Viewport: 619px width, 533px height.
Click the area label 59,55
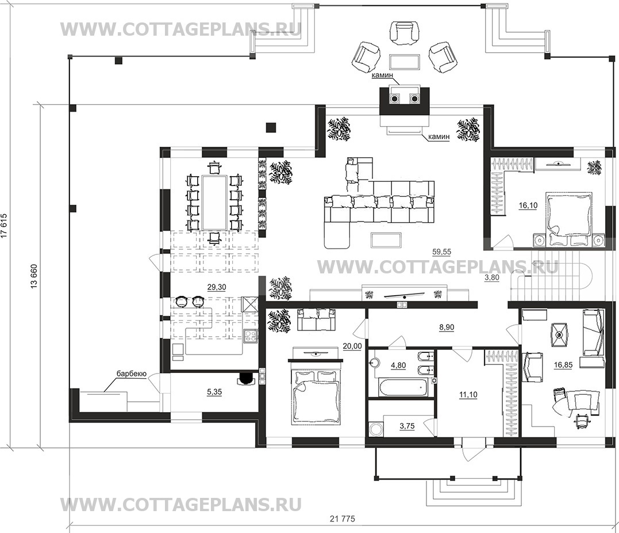click(x=441, y=252)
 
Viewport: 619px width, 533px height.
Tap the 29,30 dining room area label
click(x=216, y=287)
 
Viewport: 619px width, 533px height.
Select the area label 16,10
click(x=528, y=205)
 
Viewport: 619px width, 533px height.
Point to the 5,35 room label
click(x=214, y=392)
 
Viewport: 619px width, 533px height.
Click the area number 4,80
click(x=398, y=366)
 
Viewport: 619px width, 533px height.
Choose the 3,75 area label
click(x=407, y=426)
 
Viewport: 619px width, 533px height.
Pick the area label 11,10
click(x=468, y=395)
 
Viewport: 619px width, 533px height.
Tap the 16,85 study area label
click(x=563, y=365)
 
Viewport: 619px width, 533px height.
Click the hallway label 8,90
click(x=447, y=327)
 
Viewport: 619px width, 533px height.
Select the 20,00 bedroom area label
click(x=352, y=346)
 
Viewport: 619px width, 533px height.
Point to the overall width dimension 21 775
click(x=343, y=519)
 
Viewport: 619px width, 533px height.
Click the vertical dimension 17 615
click(x=4, y=226)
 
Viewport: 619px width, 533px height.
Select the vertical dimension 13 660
click(x=34, y=276)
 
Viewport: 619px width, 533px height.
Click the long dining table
click(x=214, y=203)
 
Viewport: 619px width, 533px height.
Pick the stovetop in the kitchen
click(x=250, y=336)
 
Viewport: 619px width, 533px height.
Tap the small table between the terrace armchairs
click(x=404, y=61)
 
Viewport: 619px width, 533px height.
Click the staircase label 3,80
click(x=492, y=277)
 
